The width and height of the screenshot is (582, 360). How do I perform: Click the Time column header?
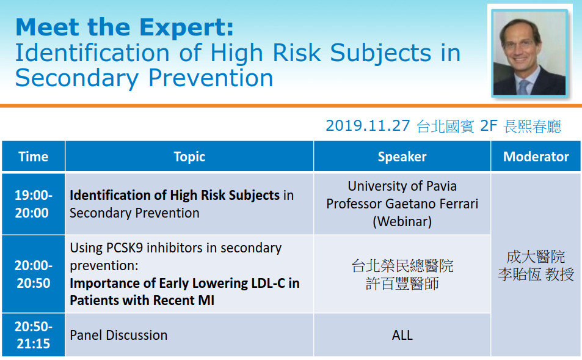click(x=34, y=156)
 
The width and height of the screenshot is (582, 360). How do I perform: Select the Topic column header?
click(x=189, y=156)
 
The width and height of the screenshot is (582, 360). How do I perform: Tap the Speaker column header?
click(x=402, y=156)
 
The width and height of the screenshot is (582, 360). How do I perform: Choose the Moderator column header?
click(x=536, y=156)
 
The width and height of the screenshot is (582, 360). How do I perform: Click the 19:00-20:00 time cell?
click(x=34, y=204)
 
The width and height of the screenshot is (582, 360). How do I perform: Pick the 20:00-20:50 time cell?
click(x=34, y=274)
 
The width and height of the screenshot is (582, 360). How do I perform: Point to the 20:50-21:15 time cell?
click(x=34, y=335)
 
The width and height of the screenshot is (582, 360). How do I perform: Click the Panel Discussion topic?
click(x=118, y=335)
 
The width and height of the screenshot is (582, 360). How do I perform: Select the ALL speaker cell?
click(x=402, y=335)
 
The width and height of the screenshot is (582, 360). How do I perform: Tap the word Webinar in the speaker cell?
click(x=402, y=221)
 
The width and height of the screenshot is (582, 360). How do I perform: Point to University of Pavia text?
click(x=402, y=186)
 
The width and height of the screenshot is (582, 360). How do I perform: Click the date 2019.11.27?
click(x=368, y=125)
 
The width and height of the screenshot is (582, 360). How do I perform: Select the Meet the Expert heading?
click(x=125, y=27)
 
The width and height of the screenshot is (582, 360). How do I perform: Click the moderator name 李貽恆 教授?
click(x=536, y=274)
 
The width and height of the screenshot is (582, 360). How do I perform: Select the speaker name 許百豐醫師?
click(x=402, y=284)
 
